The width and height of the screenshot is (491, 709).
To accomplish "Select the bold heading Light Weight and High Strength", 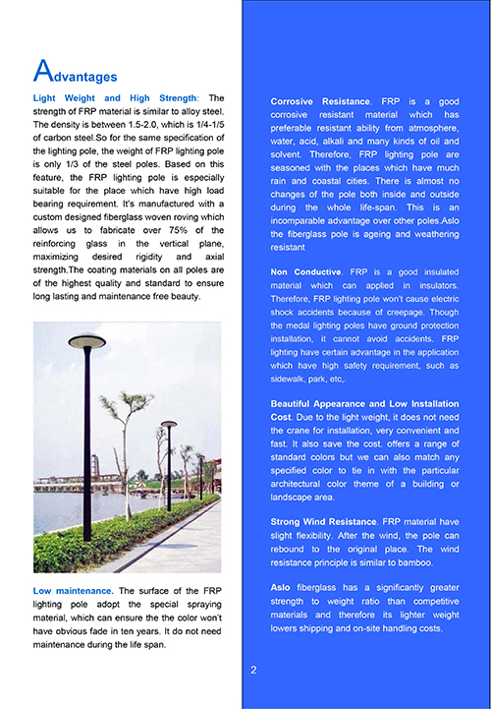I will [115, 98].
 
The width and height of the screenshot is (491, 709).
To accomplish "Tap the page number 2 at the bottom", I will [253, 671].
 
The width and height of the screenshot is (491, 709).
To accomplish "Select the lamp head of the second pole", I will [169, 424].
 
